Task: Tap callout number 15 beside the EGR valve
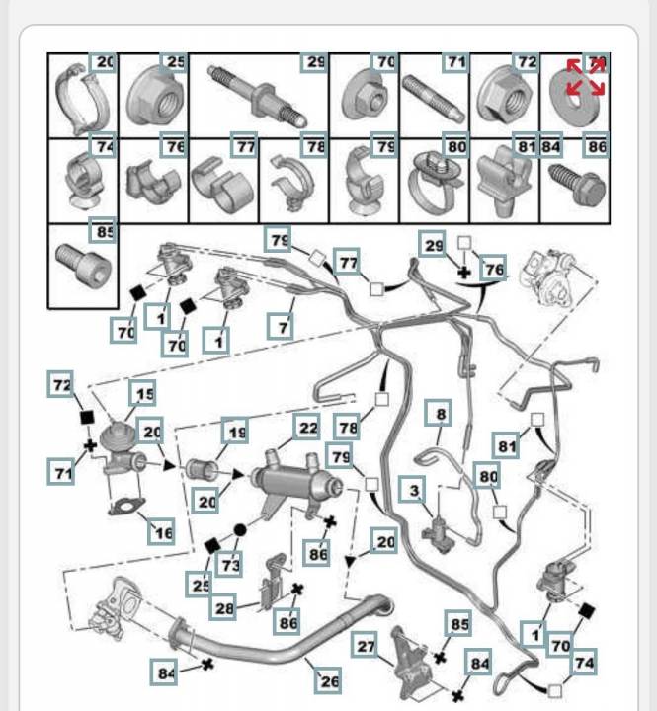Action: pos(144,395)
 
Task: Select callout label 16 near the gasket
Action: pos(161,532)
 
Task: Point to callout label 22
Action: pos(308,427)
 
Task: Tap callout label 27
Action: pos(366,648)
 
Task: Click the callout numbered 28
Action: pos(225,608)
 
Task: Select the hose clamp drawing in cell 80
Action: pos(434,184)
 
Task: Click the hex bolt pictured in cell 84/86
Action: pos(573,185)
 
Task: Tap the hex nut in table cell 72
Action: pos(499,96)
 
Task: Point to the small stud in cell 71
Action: pos(431,99)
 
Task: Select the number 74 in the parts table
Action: pos(103,146)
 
